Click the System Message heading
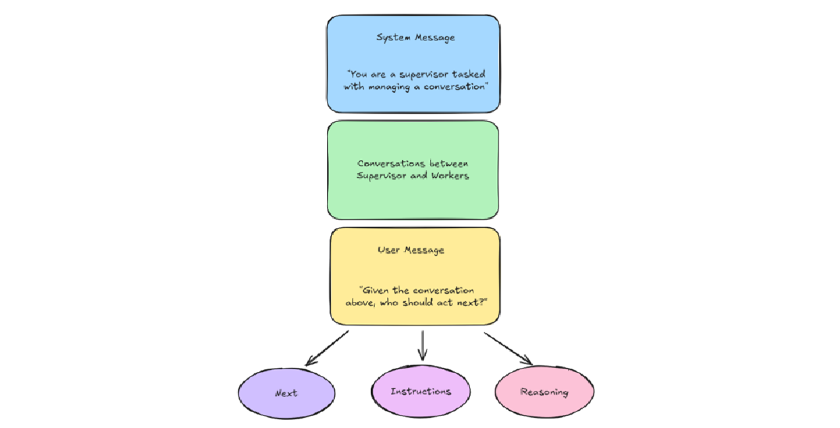(x=415, y=38)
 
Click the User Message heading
(x=411, y=250)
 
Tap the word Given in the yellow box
(x=377, y=291)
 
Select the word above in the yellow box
(x=360, y=303)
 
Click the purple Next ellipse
(x=287, y=393)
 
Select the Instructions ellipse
(x=421, y=392)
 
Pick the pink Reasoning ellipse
(x=544, y=392)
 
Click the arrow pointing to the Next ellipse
(x=326, y=348)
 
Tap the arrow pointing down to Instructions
(x=422, y=345)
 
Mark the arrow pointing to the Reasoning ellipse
(x=508, y=348)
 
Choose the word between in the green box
(x=448, y=163)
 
